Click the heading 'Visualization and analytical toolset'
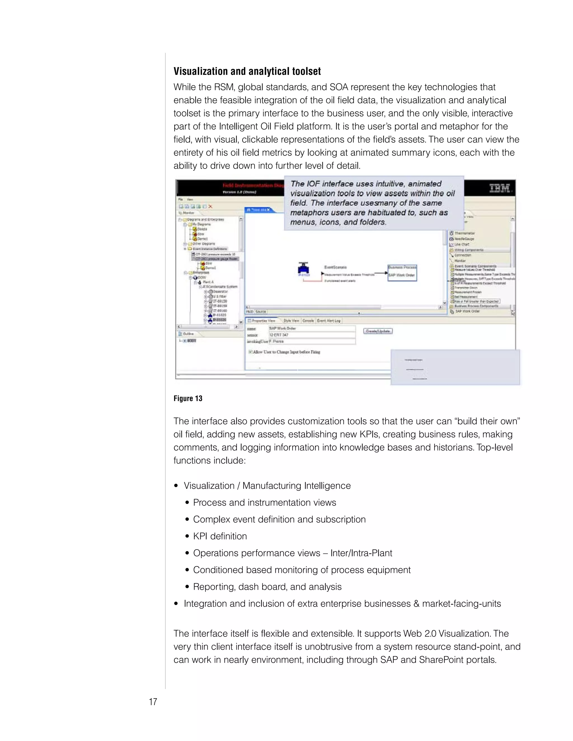247,71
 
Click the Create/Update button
377,331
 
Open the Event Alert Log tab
328,321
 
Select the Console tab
308,321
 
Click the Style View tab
291,321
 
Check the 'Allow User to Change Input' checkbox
250,352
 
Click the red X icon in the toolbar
210,206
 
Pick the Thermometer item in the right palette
464,233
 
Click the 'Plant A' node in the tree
208,282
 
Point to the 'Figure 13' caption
188,398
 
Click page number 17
153,702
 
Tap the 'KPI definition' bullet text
220,536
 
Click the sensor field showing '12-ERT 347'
312,335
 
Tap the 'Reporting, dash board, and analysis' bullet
267,587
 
